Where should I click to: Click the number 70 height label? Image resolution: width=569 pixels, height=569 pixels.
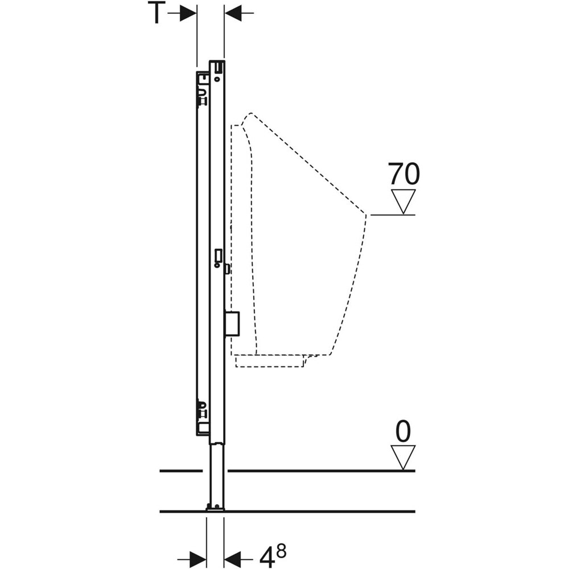(x=403, y=174)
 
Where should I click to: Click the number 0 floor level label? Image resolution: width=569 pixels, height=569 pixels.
(x=403, y=432)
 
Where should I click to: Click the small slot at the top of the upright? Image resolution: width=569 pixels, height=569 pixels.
(x=217, y=69)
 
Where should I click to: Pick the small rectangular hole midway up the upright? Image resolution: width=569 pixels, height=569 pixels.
(x=217, y=254)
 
